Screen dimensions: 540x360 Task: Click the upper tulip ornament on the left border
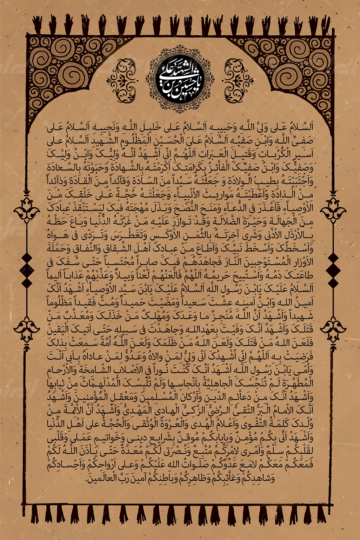pyautogui.click(x=26, y=211)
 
